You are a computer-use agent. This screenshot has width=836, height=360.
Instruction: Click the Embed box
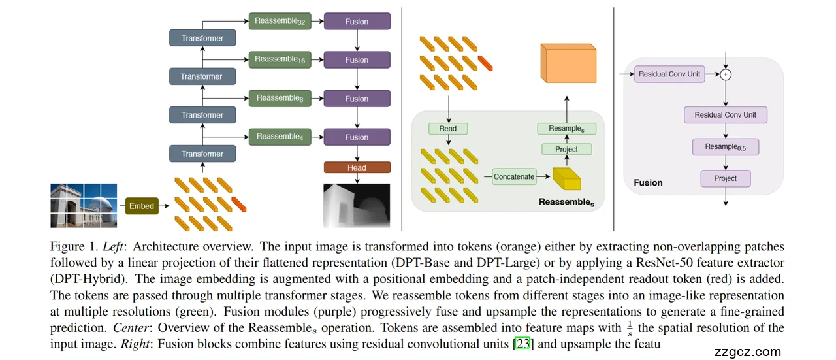(x=142, y=206)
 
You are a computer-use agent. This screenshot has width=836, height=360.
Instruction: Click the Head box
(x=357, y=167)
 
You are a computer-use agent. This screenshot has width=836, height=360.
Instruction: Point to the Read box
(x=448, y=129)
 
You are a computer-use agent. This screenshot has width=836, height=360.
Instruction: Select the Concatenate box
(x=514, y=176)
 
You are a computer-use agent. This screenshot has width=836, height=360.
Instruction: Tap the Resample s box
(x=566, y=129)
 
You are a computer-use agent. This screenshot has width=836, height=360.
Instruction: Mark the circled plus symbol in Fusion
(x=726, y=74)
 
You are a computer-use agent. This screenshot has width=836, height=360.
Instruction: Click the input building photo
(x=84, y=205)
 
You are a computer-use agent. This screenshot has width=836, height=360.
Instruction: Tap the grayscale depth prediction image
(x=357, y=205)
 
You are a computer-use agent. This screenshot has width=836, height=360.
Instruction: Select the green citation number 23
(x=523, y=344)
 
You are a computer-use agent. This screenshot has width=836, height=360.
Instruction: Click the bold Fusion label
(x=648, y=183)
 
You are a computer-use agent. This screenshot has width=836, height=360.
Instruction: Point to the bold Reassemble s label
(x=566, y=202)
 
